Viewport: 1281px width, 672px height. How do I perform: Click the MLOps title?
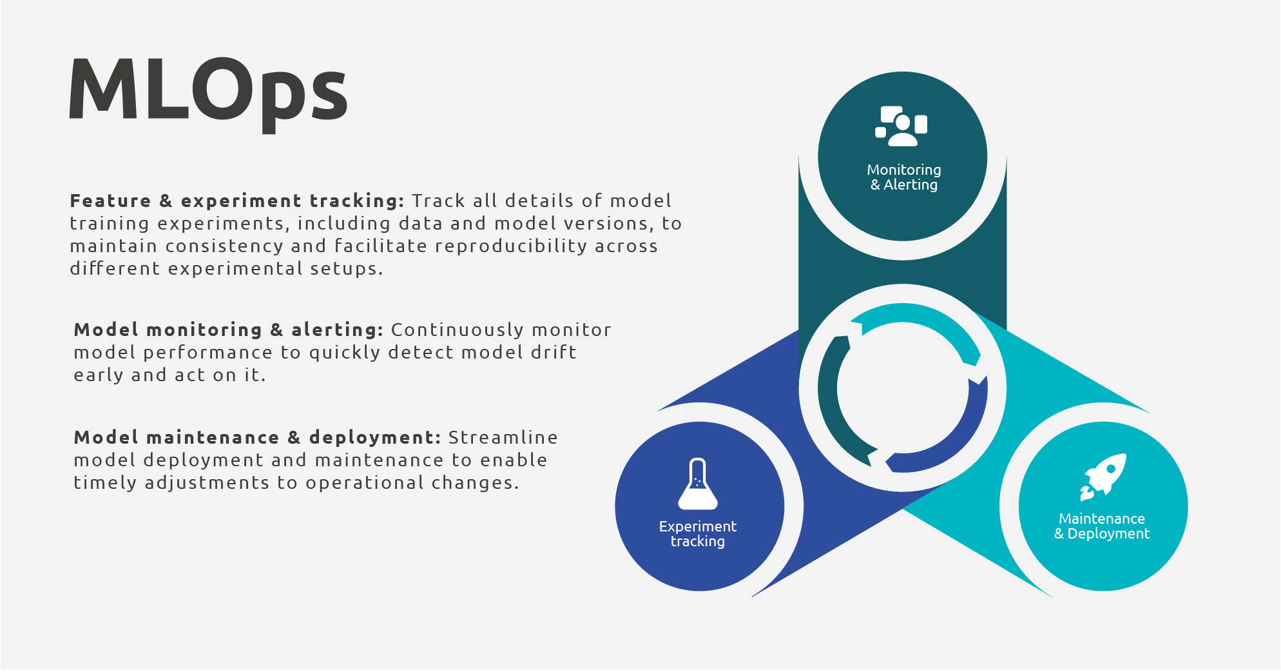[208, 94]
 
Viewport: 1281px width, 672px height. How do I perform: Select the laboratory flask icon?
[698, 484]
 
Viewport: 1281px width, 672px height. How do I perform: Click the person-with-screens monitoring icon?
[901, 126]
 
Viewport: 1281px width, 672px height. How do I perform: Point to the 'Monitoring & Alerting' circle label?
[903, 177]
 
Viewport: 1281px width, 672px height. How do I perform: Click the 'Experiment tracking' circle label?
[698, 534]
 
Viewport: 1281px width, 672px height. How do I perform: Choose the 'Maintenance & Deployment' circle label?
[1102, 526]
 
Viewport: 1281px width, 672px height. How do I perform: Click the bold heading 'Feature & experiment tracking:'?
[237, 201]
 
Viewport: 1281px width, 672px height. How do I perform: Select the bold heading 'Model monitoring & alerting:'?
[229, 330]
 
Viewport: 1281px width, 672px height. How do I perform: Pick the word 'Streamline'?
[503, 437]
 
